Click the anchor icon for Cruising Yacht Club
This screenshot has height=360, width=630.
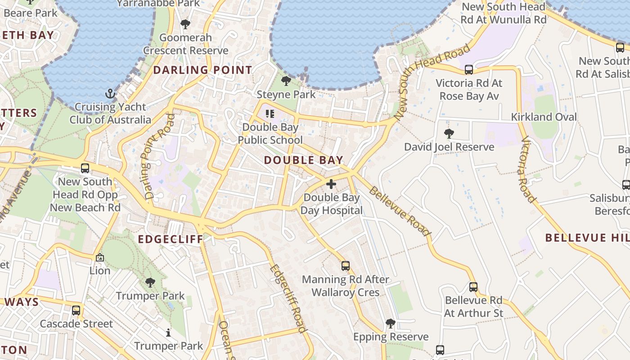click(110, 94)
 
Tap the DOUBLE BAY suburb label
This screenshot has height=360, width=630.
click(303, 160)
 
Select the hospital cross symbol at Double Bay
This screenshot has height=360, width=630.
click(331, 184)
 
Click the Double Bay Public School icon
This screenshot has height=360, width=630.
click(270, 114)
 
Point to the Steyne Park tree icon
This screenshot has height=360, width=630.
click(286, 81)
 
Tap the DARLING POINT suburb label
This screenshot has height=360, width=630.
click(202, 70)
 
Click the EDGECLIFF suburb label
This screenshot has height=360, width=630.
click(171, 239)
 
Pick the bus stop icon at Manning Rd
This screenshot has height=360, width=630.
click(345, 266)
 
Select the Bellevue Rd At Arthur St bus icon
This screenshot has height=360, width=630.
click(473, 287)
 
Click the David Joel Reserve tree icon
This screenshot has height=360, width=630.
click(449, 133)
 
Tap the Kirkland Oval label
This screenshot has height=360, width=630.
click(544, 117)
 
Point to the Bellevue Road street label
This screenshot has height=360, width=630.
click(400, 211)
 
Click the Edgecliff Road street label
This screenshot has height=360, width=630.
click(288, 298)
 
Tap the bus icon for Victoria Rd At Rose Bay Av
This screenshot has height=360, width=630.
click(468, 70)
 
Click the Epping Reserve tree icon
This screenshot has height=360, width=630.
click(390, 323)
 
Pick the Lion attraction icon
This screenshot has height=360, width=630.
click(99, 257)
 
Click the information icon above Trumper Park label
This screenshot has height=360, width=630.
click(168, 333)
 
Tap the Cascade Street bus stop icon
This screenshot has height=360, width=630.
click(76, 310)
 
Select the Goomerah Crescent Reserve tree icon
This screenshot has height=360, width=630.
click(185, 24)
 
